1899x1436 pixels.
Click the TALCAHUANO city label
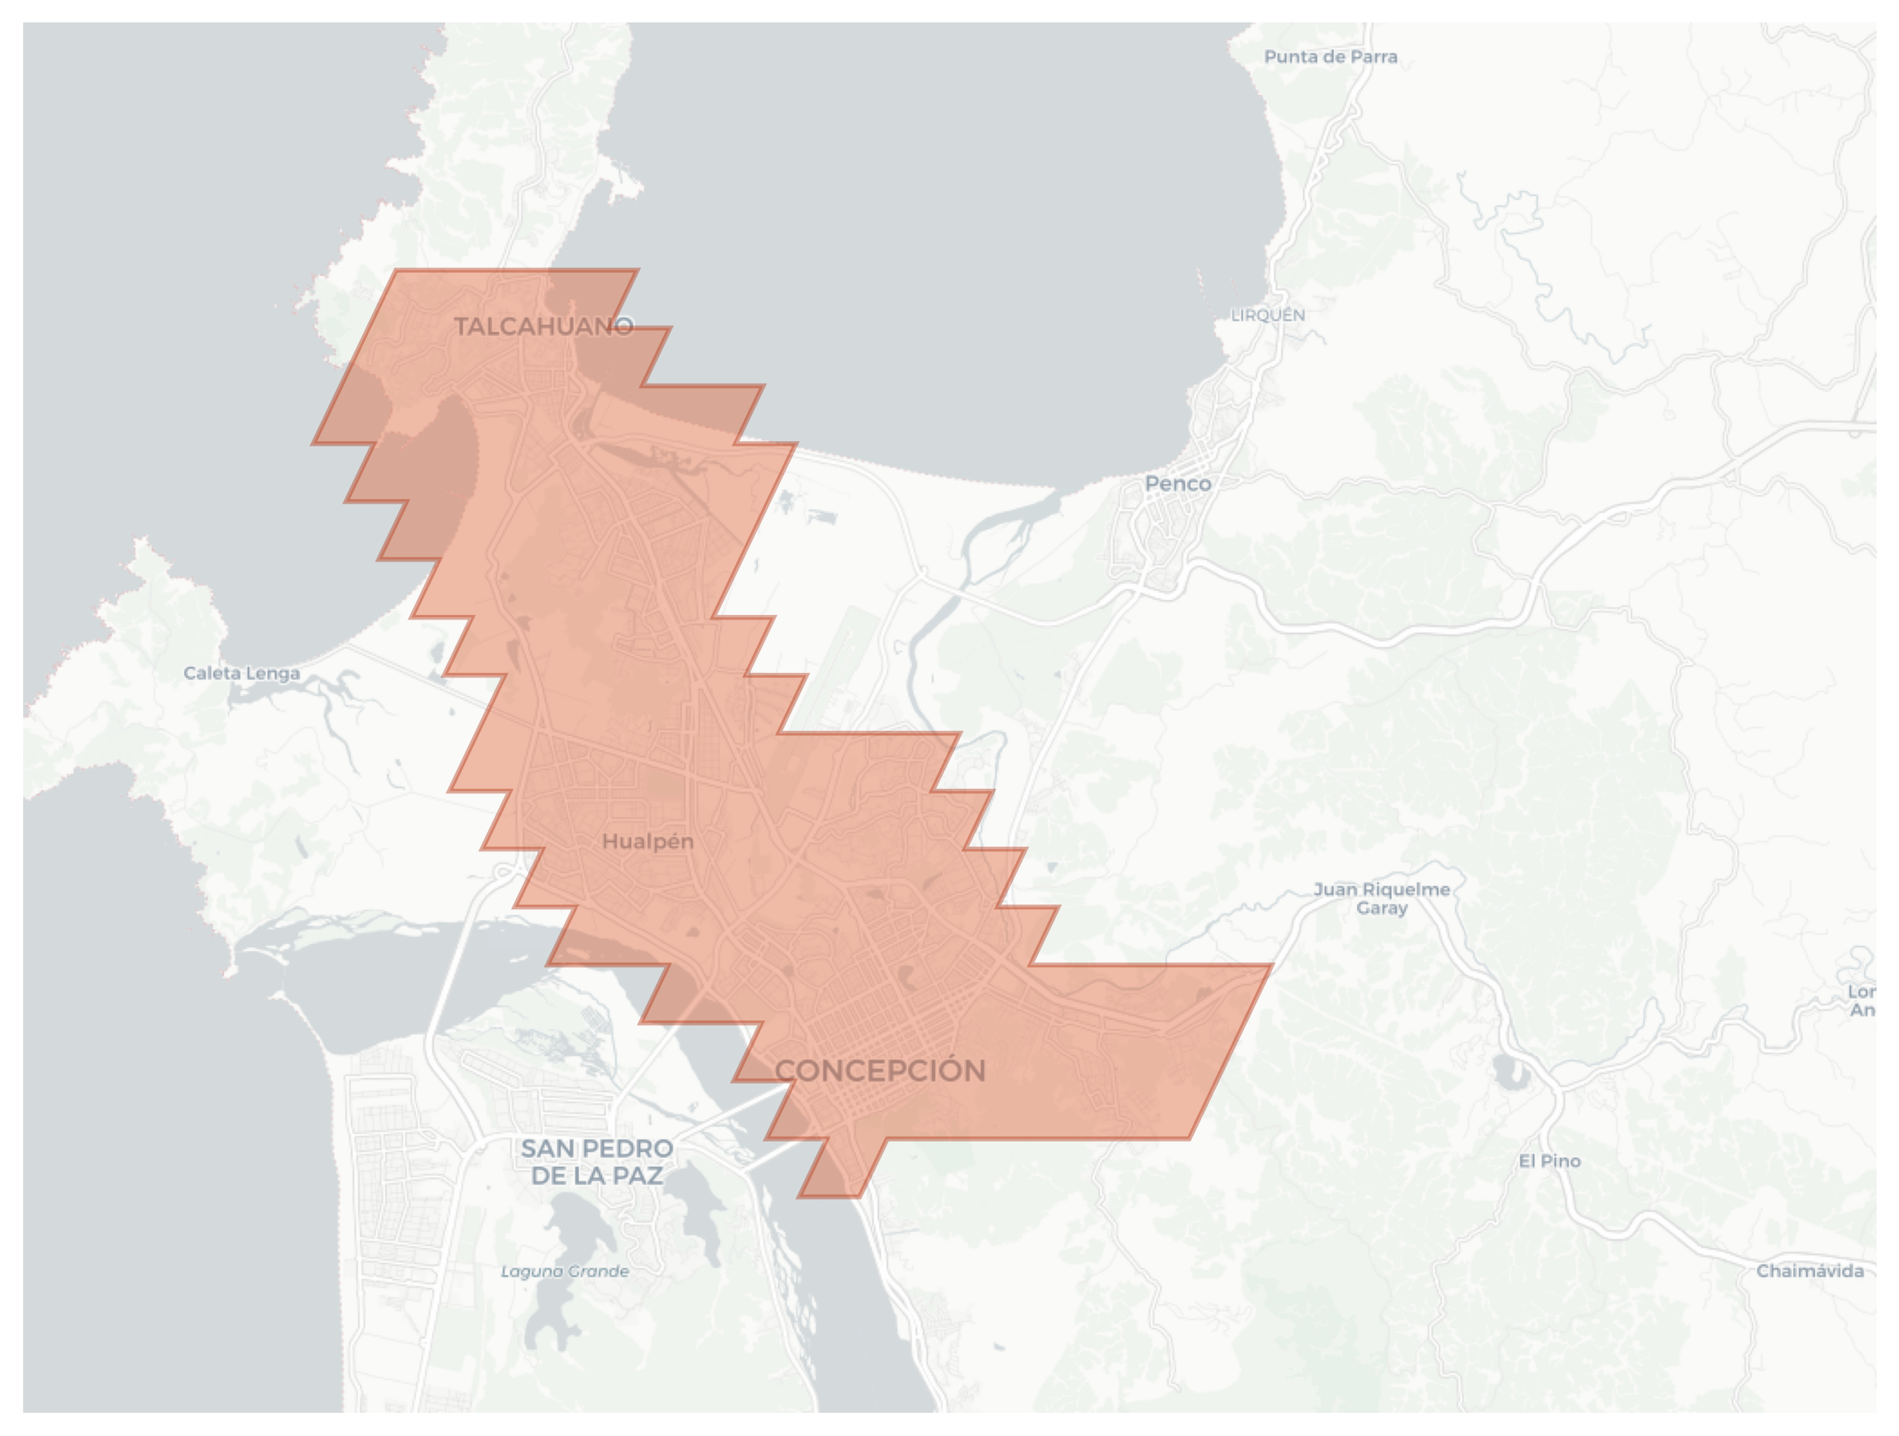543,326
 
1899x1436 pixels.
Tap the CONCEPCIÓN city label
880,1070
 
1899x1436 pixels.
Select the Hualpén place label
648,842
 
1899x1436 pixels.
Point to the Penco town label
1178,484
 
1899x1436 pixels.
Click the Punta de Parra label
1331,56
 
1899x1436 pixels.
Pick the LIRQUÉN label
1267,315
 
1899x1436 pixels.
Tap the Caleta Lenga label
242,674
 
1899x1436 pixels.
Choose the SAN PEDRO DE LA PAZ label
597,1161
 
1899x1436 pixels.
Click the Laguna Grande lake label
565,1271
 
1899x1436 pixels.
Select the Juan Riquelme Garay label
1381,898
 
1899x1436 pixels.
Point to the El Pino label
1549,1161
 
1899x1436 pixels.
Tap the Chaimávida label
1809,1271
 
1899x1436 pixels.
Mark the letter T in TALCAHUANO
461,326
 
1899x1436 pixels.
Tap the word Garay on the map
1381,908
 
